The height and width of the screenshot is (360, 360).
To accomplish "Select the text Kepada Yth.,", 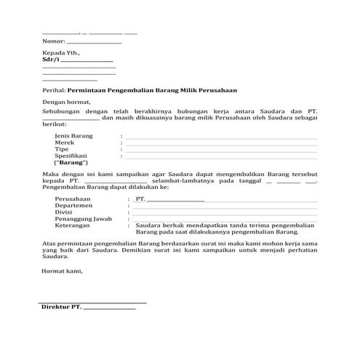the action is pos(61,54).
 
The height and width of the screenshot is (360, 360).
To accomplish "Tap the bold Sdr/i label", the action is pos(50,60).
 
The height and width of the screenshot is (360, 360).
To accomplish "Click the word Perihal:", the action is pos(54,89).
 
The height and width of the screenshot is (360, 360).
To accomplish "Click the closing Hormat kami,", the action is pos(63,271).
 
